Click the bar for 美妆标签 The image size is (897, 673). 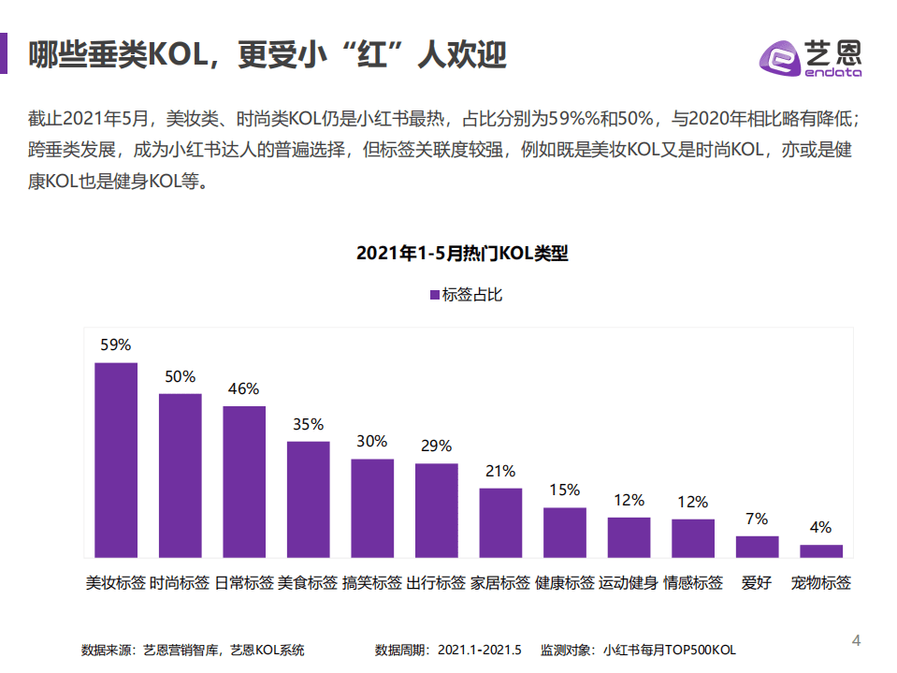point(116,460)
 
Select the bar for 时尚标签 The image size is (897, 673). point(180,475)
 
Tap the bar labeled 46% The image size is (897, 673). point(244,481)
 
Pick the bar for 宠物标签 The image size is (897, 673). point(821,550)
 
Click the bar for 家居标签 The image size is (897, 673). point(500,522)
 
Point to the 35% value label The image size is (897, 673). point(308,424)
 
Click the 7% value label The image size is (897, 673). point(757,519)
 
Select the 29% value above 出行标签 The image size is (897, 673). point(436,446)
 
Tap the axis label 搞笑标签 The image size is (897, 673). point(372,583)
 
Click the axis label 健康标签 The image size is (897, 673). point(564,583)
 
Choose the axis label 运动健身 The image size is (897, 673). point(629,583)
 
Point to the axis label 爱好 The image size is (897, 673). point(757,583)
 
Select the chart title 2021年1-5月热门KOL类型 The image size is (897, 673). point(462,254)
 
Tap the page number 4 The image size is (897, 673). point(856,640)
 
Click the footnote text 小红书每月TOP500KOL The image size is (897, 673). point(670,650)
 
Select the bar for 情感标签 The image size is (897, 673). point(693,538)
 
